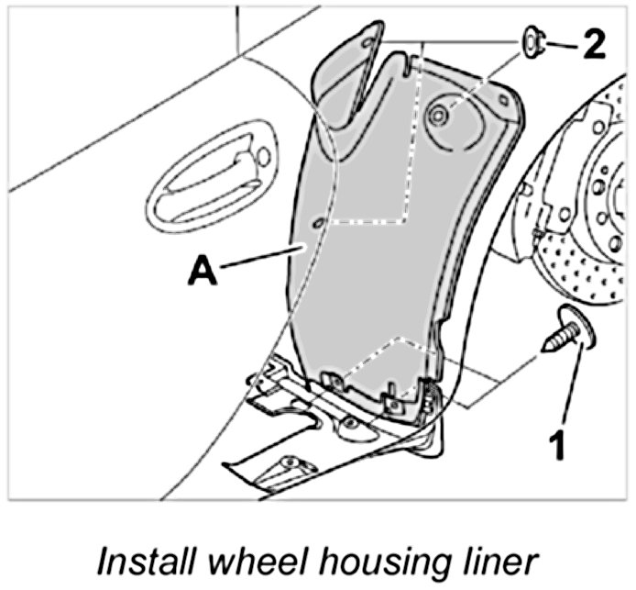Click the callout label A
pyautogui.click(x=203, y=272)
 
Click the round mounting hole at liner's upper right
pyautogui.click(x=440, y=114)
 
